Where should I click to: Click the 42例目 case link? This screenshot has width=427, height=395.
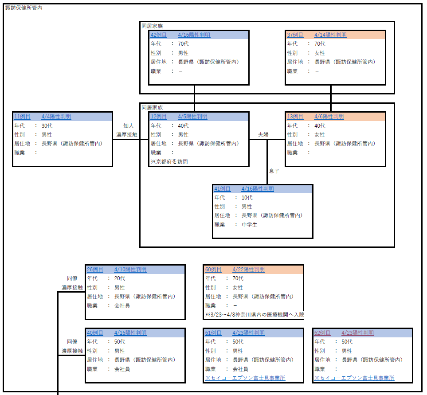[159, 35]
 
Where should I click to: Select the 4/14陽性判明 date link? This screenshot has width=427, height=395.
[330, 35]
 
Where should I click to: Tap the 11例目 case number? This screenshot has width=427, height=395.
[22, 117]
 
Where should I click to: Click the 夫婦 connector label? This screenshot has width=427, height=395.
[263, 134]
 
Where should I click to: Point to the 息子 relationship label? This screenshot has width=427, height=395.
[274, 171]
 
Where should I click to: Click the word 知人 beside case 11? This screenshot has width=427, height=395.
[129, 125]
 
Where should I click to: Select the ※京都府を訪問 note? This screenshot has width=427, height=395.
[169, 162]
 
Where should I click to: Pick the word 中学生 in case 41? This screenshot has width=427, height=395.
[249, 225]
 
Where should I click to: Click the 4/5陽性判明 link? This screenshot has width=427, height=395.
[192, 117]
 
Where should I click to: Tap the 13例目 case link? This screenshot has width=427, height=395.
[295, 117]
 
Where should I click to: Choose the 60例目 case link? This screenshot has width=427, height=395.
[213, 270]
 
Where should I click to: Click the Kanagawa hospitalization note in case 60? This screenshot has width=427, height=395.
[254, 314]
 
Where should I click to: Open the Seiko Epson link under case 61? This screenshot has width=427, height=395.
[245, 378]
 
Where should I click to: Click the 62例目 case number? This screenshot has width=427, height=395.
[322, 333]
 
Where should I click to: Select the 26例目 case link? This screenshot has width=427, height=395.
[95, 270]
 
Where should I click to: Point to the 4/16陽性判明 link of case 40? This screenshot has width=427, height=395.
[130, 333]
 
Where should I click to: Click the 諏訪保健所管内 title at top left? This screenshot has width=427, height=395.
[24, 8]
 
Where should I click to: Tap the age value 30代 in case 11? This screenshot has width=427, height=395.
[47, 125]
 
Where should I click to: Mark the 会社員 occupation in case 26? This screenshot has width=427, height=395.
[122, 305]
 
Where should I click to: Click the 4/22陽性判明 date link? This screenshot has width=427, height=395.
[248, 270]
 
